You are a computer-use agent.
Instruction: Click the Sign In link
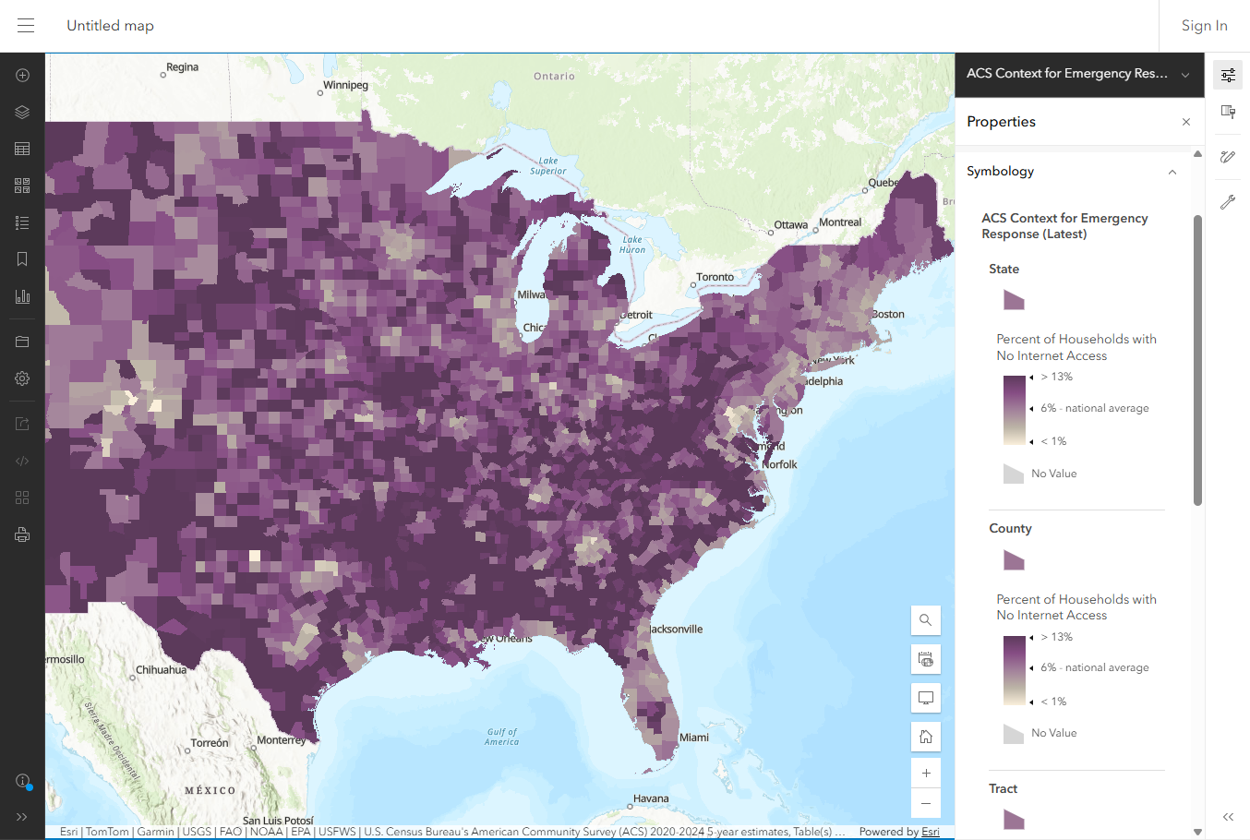coord(1204,26)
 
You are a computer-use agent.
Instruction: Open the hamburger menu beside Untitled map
coord(26,26)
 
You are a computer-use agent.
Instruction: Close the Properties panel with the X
coord(1185,122)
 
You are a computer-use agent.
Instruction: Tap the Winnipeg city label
coord(345,85)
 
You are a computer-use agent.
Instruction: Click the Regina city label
coord(182,67)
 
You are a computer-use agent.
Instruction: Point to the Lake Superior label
coord(548,165)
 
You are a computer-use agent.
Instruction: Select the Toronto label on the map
coord(715,277)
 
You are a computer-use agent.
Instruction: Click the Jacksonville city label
coord(676,630)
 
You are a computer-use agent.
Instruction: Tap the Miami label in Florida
coord(693,738)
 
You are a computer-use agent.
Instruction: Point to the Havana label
coord(651,798)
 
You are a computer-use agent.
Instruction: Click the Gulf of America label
coord(502,737)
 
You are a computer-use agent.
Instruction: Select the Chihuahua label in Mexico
coord(161,670)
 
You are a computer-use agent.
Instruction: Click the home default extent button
coord(925,736)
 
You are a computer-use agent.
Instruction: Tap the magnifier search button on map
coord(925,620)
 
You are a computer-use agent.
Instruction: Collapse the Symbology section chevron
coord(1172,172)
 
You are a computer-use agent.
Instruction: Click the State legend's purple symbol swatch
coord(1014,300)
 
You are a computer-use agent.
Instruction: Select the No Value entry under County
coord(1053,733)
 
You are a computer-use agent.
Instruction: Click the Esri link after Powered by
coord(930,832)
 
